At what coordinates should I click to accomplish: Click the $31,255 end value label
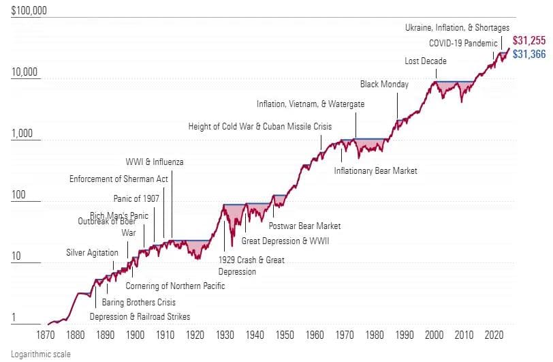[x=528, y=41]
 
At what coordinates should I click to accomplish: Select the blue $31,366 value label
[x=528, y=54]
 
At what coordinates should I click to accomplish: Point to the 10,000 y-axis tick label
[x=26, y=72]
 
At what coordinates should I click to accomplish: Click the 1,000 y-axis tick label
[x=23, y=133]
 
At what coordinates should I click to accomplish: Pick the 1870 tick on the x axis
[x=45, y=335]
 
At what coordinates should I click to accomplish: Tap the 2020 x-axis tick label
[x=494, y=335]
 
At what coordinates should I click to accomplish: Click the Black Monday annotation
[x=385, y=85]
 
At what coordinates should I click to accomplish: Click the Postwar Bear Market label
[x=304, y=226]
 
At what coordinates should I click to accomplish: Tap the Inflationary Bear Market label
[x=375, y=170]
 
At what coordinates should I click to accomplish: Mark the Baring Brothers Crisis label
[x=138, y=302]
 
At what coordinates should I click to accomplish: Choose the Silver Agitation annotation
[x=92, y=252]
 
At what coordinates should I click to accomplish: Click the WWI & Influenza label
[x=155, y=162]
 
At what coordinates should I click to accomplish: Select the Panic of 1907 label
[x=136, y=198]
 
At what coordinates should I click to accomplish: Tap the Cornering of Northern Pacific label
[x=175, y=286]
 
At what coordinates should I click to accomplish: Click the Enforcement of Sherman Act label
[x=118, y=179]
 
